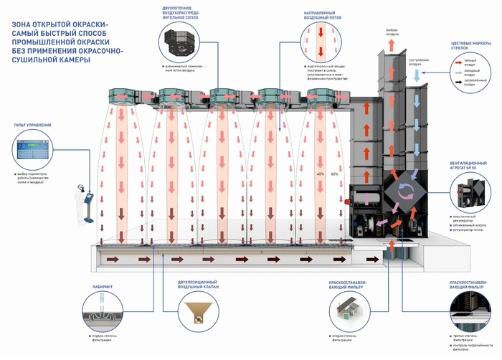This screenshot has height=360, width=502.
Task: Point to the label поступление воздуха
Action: tap(419, 61)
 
